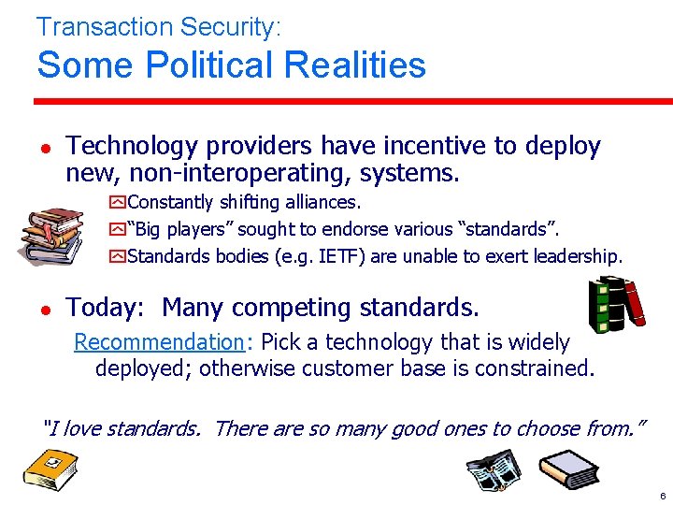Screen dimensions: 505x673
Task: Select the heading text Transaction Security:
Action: click(158, 26)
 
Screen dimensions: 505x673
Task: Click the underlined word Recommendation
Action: click(158, 343)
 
